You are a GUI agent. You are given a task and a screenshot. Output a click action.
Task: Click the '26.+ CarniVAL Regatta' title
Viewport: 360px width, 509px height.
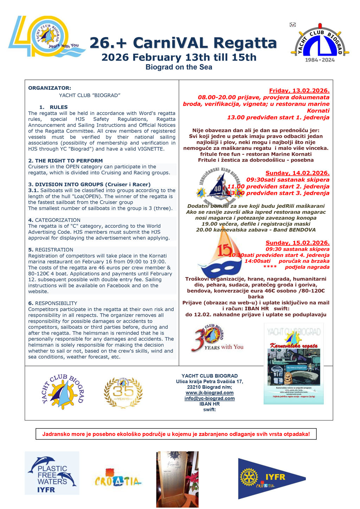[183, 43]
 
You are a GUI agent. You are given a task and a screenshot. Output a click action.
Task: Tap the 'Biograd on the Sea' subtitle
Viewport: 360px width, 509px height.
[179, 67]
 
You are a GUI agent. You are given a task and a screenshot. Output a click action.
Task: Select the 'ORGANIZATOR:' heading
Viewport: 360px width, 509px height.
[50, 88]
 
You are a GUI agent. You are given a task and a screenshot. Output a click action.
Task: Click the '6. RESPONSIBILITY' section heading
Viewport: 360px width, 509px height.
[53, 303]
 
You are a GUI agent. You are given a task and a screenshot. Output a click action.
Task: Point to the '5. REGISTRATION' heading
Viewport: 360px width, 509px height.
[51, 250]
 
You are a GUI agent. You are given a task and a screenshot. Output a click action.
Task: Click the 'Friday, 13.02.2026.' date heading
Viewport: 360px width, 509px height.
[299, 91]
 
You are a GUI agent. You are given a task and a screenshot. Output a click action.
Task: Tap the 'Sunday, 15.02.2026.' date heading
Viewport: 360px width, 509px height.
[297, 243]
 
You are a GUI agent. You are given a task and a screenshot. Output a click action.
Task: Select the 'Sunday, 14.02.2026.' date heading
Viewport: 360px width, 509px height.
[297, 173]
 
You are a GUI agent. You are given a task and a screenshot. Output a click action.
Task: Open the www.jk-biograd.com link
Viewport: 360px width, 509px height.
[210, 393]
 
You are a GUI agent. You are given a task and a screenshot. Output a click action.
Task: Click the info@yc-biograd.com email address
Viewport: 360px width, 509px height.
[210, 398]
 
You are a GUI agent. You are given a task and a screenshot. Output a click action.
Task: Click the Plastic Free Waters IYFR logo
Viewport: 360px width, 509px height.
[52, 473]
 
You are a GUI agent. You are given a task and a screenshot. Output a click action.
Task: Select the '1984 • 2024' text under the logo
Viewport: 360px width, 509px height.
[320, 60]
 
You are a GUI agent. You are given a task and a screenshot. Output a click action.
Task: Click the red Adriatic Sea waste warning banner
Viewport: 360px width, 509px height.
[176, 434]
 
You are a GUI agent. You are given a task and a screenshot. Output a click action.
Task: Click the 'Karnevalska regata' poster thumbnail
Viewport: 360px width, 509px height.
[294, 363]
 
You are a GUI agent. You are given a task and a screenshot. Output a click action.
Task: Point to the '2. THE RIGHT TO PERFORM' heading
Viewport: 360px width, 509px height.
[65, 161]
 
